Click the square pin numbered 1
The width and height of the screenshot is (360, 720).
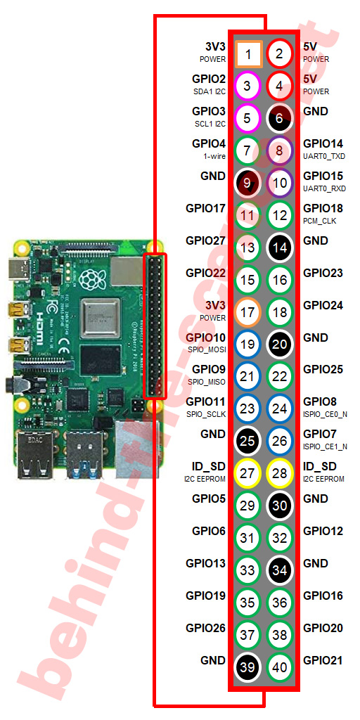tap(248, 54)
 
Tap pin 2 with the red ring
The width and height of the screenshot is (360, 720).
tap(280, 54)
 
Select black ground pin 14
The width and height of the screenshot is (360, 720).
tap(280, 247)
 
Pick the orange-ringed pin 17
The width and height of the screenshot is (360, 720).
tap(247, 312)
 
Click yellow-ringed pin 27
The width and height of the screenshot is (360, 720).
tap(247, 473)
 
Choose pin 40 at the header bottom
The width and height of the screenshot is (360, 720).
tap(280, 667)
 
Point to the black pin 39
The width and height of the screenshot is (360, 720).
tap(247, 667)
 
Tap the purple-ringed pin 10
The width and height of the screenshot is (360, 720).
tap(280, 184)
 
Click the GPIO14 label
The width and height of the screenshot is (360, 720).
tap(323, 143)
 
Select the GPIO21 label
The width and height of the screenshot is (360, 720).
tap(323, 660)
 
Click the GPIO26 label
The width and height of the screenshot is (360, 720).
tap(206, 628)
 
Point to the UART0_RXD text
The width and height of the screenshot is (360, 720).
tap(324, 188)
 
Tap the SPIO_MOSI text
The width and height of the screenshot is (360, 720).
tap(207, 350)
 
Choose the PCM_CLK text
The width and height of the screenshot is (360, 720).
tap(320, 221)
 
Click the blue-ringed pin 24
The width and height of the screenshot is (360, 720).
tap(280, 409)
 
